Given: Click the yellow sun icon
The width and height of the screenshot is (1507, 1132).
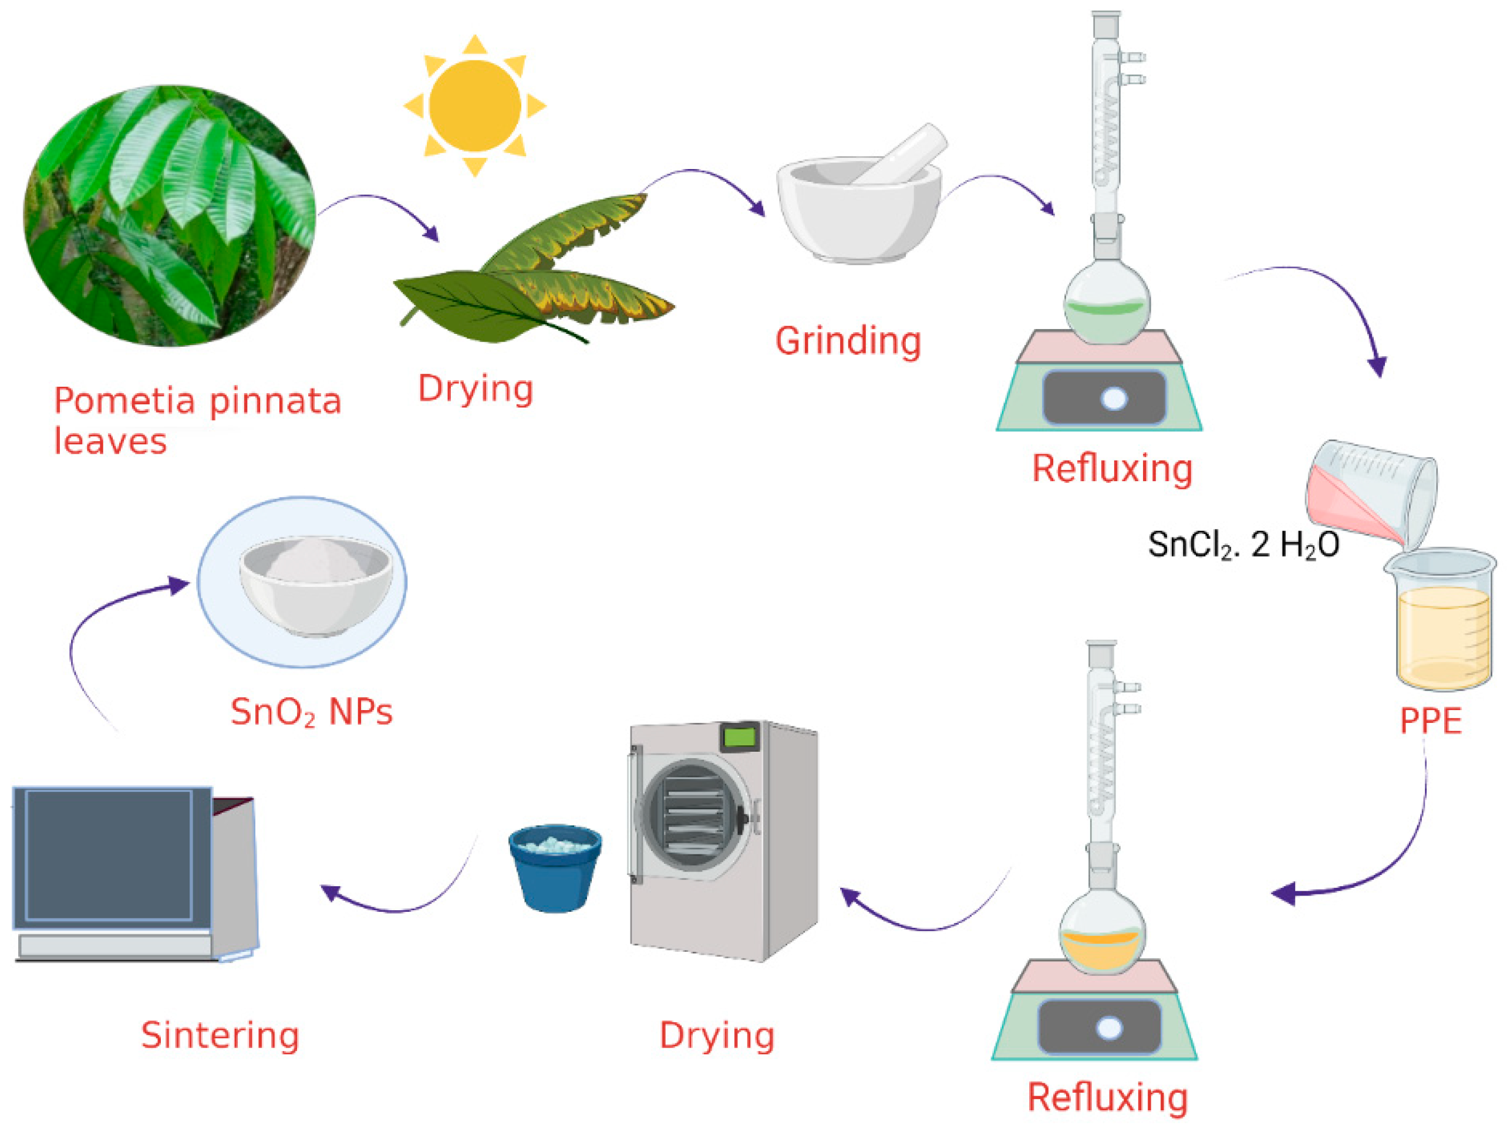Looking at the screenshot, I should (x=475, y=106).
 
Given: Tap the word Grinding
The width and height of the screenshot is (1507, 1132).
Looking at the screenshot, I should (x=848, y=340).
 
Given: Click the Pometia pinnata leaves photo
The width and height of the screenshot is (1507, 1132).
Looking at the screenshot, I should (x=170, y=215).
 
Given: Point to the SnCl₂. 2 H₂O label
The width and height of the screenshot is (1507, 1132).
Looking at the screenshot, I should (x=1243, y=545).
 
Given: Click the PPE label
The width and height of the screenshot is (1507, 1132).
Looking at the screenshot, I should (x=1431, y=721).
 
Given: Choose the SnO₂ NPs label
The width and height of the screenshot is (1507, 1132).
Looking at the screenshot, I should (x=311, y=712).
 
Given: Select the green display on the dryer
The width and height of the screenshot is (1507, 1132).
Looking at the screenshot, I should (x=740, y=736).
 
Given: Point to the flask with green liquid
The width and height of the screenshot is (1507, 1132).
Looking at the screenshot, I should (x=1107, y=306).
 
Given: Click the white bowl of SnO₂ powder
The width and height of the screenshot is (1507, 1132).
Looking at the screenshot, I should (x=315, y=586).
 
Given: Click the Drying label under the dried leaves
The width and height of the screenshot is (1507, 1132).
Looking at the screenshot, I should (x=475, y=389).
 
